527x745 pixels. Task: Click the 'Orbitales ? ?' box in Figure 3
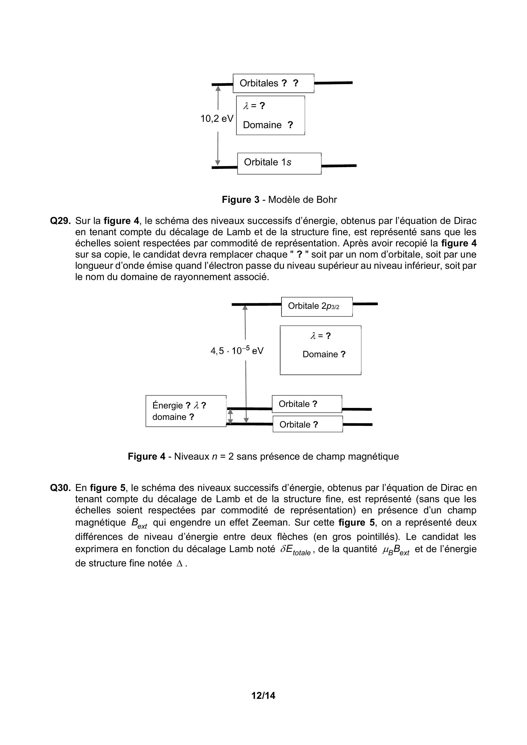273,83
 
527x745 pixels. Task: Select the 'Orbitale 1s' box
279,163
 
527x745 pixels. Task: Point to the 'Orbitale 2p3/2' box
317,306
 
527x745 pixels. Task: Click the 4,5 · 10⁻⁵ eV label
237,350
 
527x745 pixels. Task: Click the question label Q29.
60,221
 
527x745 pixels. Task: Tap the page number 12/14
263,695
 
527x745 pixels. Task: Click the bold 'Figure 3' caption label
241,199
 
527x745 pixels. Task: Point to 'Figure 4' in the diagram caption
146,456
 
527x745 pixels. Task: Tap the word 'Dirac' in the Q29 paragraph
465,221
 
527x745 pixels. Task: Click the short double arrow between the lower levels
230,417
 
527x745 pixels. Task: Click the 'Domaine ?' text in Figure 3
268,125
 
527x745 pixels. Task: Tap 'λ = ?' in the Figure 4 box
320,336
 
